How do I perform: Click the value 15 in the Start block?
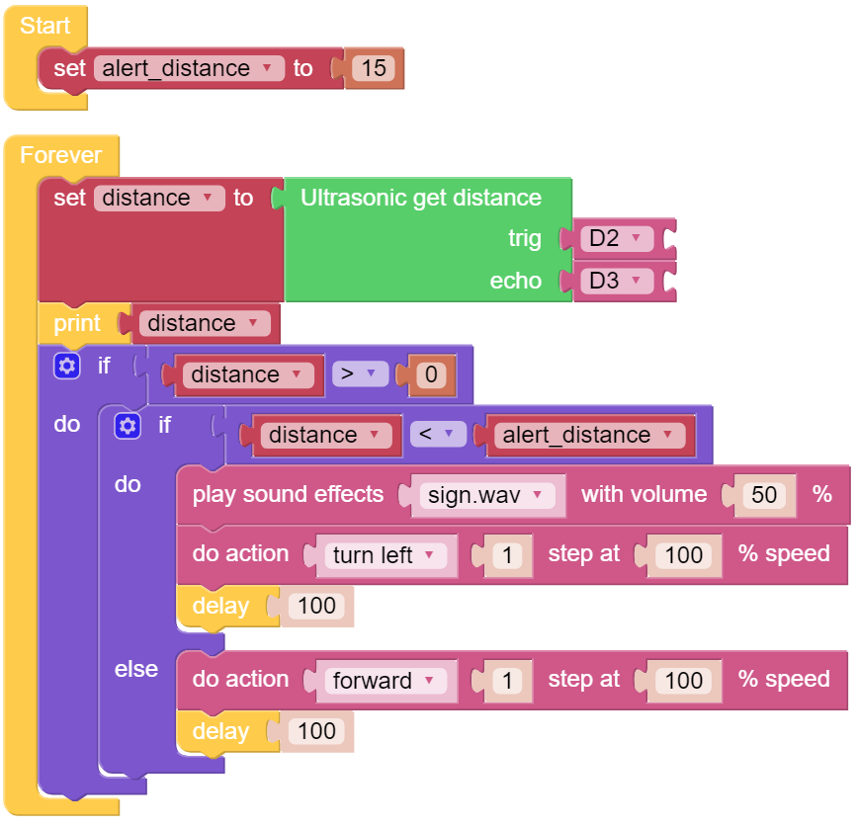(x=374, y=68)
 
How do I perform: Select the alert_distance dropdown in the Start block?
(x=189, y=68)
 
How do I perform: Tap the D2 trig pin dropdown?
(x=617, y=239)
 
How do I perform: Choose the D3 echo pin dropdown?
(x=617, y=281)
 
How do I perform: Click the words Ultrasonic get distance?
(x=421, y=198)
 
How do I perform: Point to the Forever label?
(x=60, y=155)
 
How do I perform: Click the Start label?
(x=44, y=26)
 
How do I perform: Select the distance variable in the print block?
(x=205, y=323)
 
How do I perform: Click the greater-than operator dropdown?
(x=360, y=374)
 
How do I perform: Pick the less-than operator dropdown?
(x=438, y=435)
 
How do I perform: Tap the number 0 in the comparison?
(x=431, y=374)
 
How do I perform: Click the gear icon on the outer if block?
(x=66, y=366)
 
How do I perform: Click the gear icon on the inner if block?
(x=128, y=426)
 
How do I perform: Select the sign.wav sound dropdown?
(x=487, y=495)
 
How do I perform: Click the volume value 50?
(x=763, y=495)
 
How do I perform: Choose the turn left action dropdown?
(x=386, y=555)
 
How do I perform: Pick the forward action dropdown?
(x=386, y=681)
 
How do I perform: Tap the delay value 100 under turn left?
(x=316, y=606)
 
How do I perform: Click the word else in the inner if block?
(x=136, y=669)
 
